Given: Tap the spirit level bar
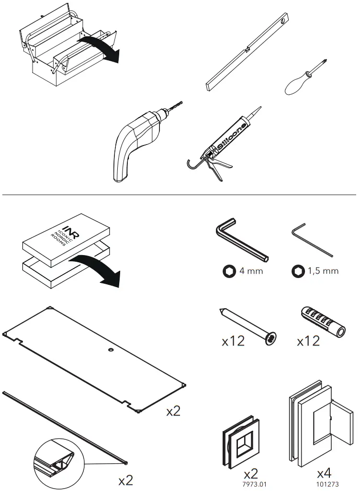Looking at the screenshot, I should tap(247, 53).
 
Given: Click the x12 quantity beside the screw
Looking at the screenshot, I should tap(233, 341).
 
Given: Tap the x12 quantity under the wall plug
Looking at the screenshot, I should tap(308, 341).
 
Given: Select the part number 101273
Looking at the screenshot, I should tap(324, 484).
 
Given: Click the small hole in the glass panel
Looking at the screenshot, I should tap(111, 351).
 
